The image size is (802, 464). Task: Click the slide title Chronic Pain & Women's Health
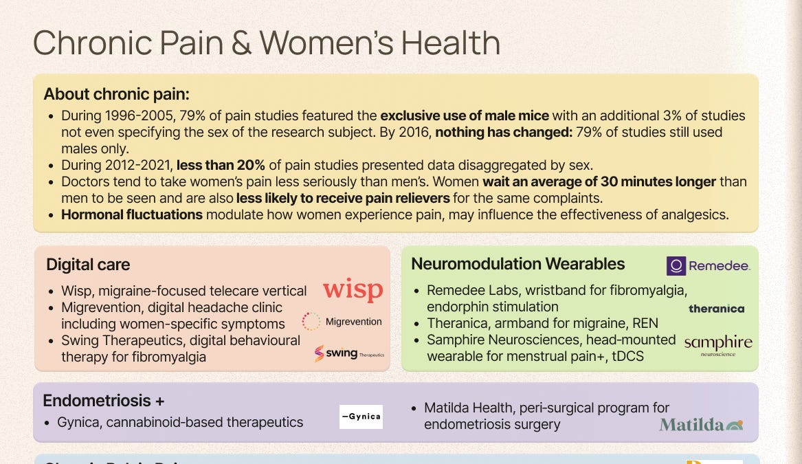[x=266, y=43]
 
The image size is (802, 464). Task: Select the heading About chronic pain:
[x=117, y=94]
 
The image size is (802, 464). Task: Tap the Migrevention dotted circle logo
[x=311, y=321]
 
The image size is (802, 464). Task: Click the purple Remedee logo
[x=708, y=266]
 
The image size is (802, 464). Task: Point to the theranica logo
[x=716, y=309]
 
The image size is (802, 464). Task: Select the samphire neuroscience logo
[x=717, y=344]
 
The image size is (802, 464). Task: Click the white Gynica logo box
[x=361, y=417]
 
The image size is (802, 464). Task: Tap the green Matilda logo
[x=700, y=424]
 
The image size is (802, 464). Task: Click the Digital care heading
[x=88, y=265]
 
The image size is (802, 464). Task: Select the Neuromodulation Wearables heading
[x=517, y=264]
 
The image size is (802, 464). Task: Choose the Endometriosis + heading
[x=104, y=401]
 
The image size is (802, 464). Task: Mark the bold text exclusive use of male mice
[x=465, y=115]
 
